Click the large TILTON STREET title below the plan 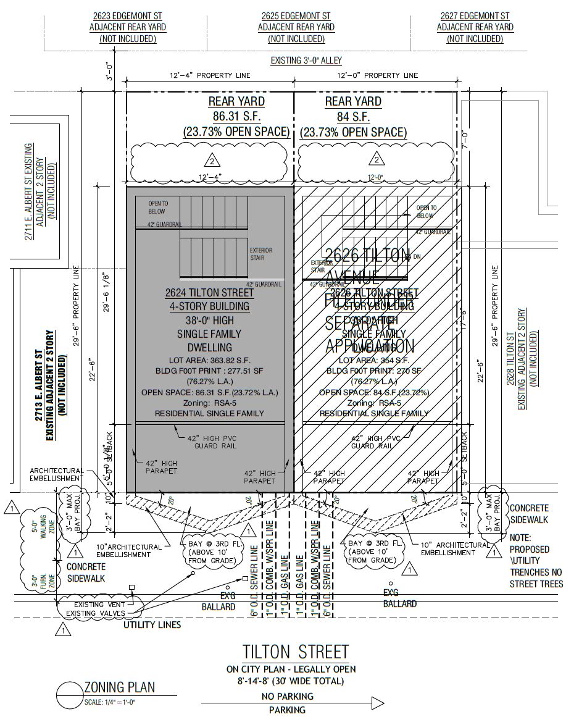(295, 652)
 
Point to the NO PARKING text (288, 696)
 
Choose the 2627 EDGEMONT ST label (475, 15)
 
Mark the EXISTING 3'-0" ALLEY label (306, 61)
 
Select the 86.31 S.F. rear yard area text (236, 116)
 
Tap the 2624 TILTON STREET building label (209, 293)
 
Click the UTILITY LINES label (152, 625)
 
